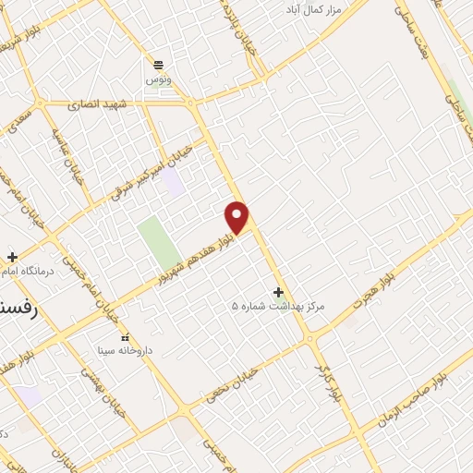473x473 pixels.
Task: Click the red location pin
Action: tap(237, 216)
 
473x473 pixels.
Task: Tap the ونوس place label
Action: tap(158, 80)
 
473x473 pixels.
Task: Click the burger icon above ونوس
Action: tap(158, 65)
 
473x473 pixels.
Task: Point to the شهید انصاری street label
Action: tap(103, 104)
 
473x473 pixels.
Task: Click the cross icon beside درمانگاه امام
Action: tap(11, 256)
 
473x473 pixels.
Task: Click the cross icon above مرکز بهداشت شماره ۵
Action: tap(279, 291)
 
